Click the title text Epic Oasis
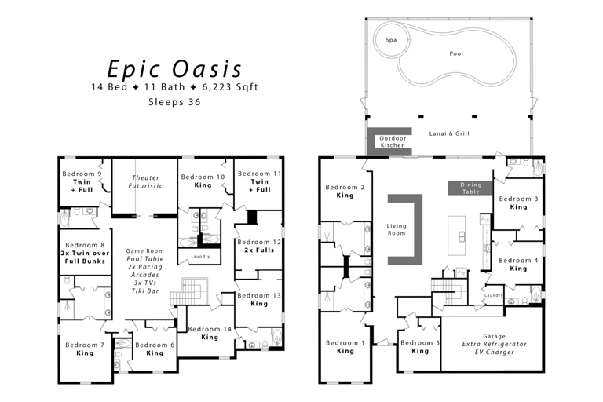pos(174,68)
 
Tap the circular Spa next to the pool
pos(390,40)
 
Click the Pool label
pos(456,54)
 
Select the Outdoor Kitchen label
pos(393,141)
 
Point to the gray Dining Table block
pos(470,188)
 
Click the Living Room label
pos(397,229)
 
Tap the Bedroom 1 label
pos(345,343)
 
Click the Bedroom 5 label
pos(420,343)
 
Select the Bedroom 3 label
pos(518,199)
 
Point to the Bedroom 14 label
pos(209,330)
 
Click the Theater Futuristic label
pos(146,182)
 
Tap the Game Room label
pos(145,251)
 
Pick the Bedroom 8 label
pos(84,245)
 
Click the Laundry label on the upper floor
pos(200,257)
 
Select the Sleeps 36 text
pos(174,101)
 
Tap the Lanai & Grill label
pos(450,134)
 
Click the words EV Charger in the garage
pos(494,353)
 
